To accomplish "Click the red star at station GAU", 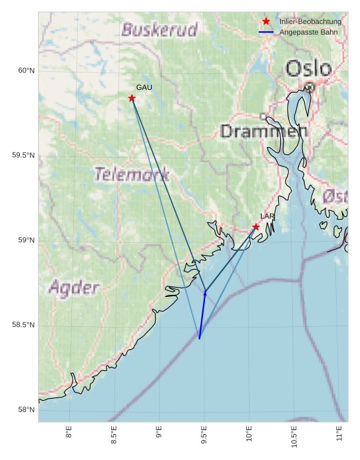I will (x=132, y=99).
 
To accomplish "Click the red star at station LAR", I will (x=256, y=227).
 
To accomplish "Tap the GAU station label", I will (x=144, y=87).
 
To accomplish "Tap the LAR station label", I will (x=268, y=216).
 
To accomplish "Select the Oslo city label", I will (x=309, y=68).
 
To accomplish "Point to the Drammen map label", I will (x=264, y=131).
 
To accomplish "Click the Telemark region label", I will (x=132, y=174).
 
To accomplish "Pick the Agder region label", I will (x=74, y=288).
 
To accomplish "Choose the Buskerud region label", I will (x=160, y=30).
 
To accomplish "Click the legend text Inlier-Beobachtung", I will (x=310, y=22).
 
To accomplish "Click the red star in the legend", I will (x=266, y=21).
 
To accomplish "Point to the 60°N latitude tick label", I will (x=26, y=71).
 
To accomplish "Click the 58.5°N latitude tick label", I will (x=23, y=325).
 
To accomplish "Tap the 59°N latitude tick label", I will (x=26, y=240).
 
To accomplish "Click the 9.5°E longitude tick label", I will (x=204, y=435).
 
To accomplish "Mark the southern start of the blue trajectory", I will (x=199, y=339).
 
